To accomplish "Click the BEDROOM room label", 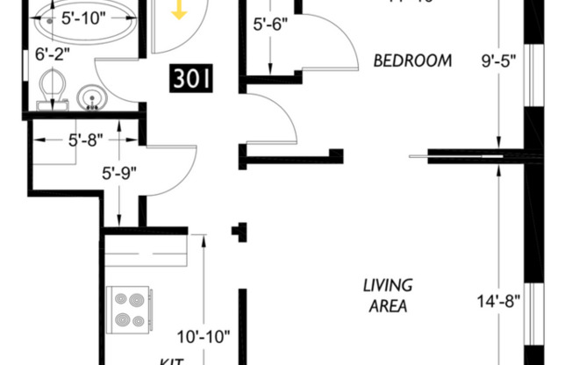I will [x=412, y=61].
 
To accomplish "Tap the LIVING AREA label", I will [x=388, y=296].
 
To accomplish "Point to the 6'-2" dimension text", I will [x=52, y=55].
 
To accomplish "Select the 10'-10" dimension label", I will [x=204, y=335].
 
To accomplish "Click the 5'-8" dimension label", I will [x=86, y=139].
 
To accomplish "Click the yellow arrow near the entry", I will [x=179, y=10].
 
